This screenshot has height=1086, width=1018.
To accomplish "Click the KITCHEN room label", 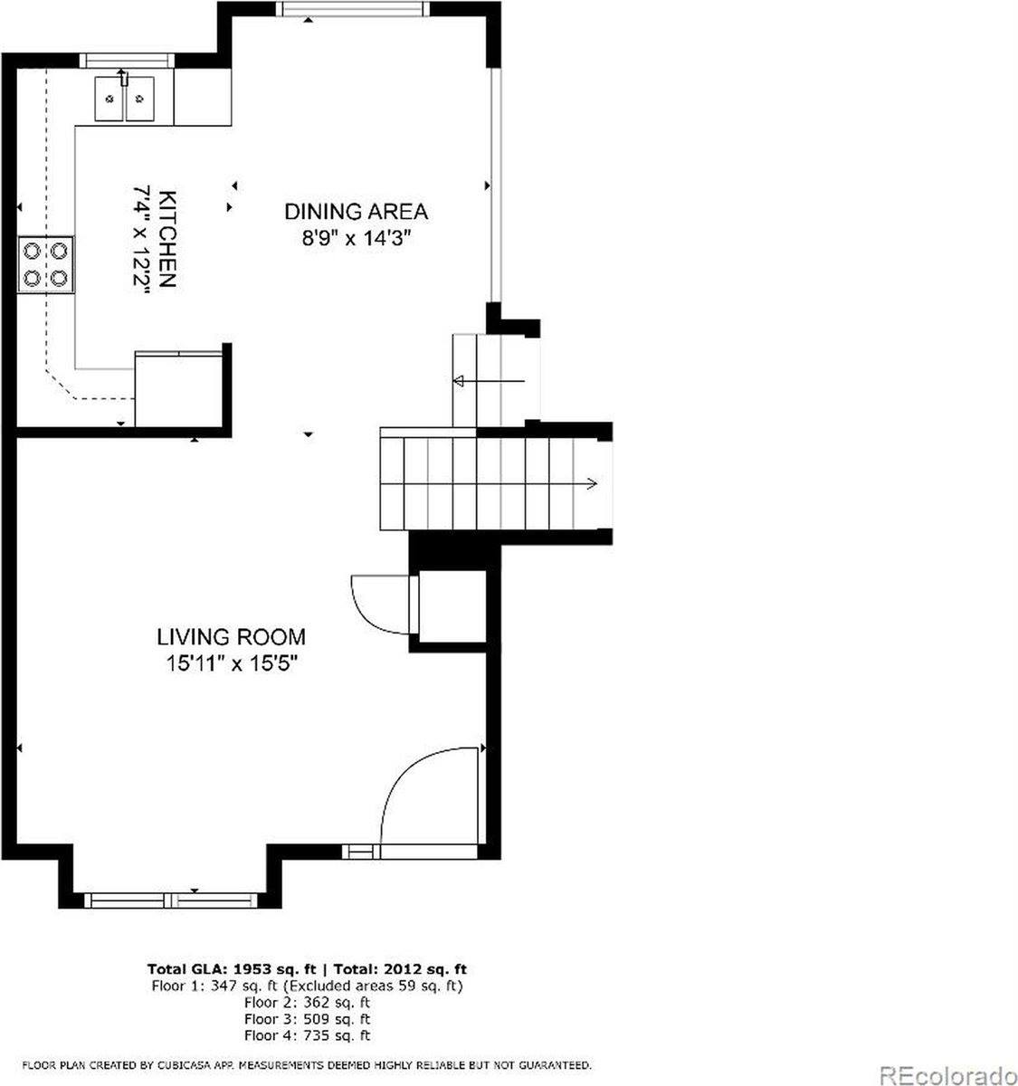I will pos(167,239).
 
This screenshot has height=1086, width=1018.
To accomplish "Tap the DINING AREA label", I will pos(356,212).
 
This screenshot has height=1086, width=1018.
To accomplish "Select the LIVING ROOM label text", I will pos(232,637).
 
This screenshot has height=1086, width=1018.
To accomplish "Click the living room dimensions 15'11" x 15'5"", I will pos(232,663).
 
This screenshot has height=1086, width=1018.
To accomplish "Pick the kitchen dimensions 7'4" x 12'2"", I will pos(142,239).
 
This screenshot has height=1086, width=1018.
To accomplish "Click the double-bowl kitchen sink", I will pos(125,98).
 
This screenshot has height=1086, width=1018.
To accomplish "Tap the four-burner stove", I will pos(46,263).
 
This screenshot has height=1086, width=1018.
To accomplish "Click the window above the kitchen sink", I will pos(125,61).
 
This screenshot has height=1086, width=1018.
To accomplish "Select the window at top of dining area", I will pos(351,9).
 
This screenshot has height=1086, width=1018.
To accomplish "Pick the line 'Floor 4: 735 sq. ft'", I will pos(307,1035).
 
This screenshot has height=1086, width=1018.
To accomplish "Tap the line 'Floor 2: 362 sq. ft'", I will pos(307,1002).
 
